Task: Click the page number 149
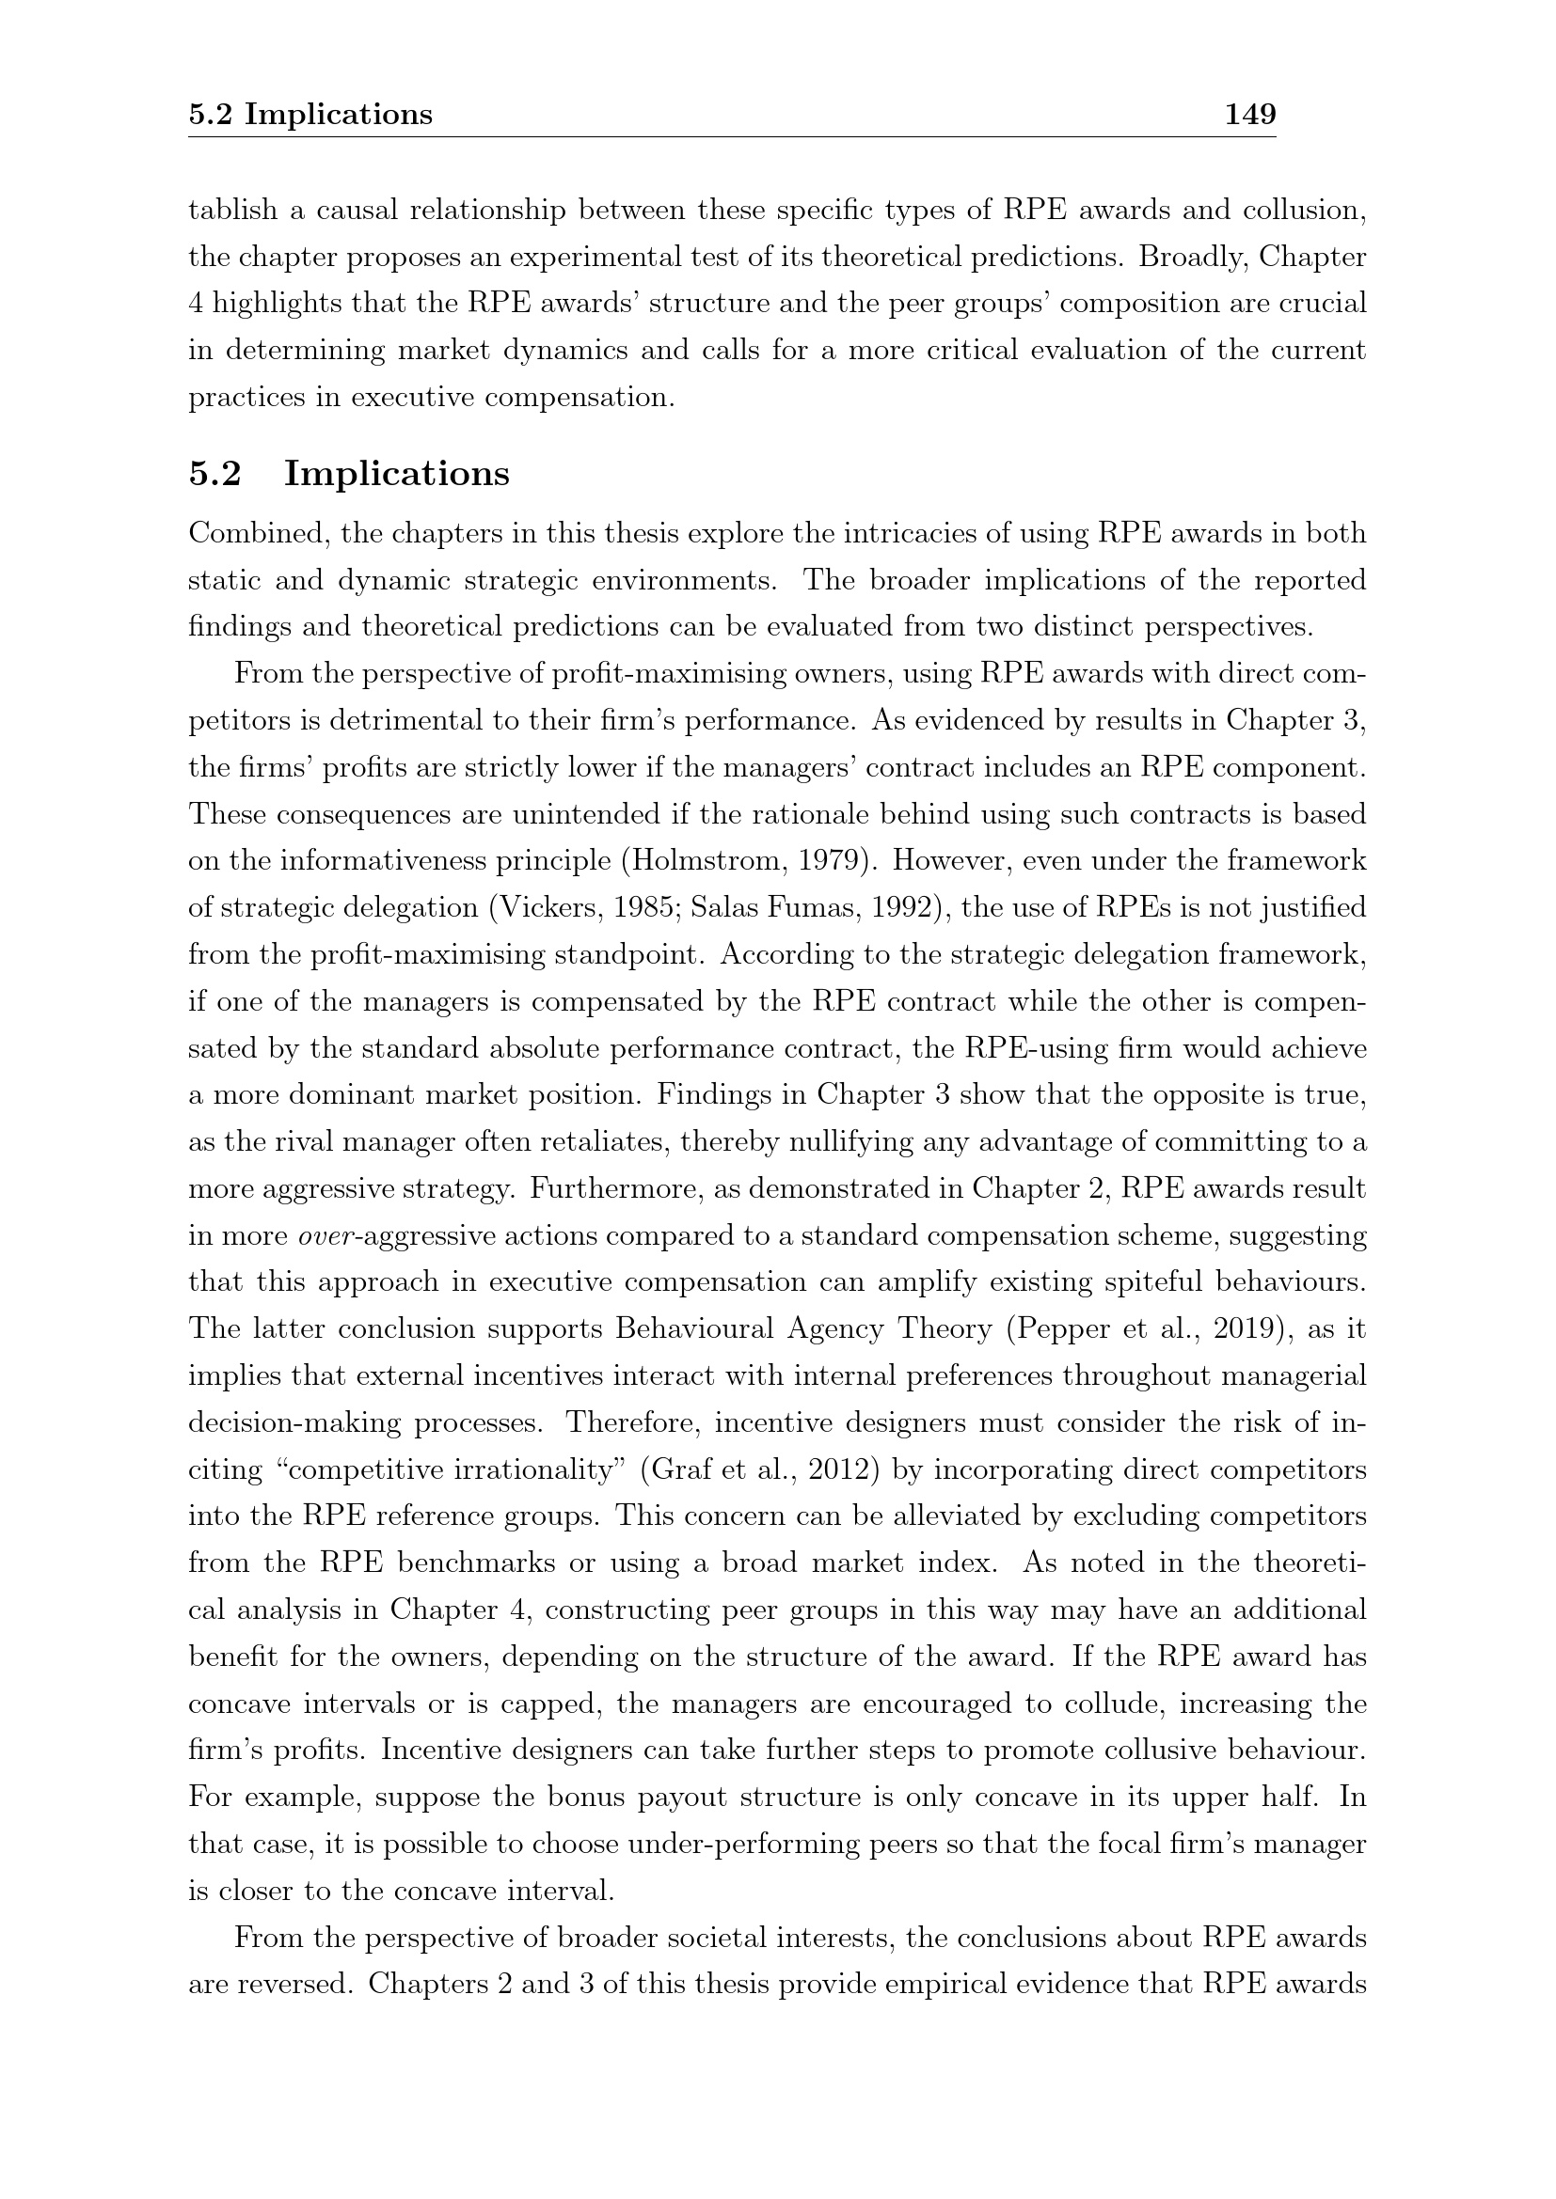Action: pyautogui.click(x=1250, y=115)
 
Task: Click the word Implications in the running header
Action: pyautogui.click(x=339, y=115)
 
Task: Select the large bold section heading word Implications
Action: pyautogui.click(x=397, y=474)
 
